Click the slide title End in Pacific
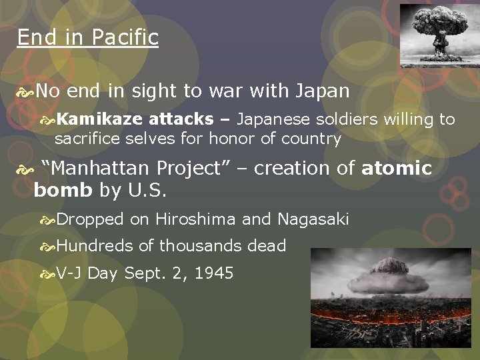point(87,37)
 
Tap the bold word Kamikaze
point(99,120)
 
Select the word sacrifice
point(85,139)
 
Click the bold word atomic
point(397,169)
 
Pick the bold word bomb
point(63,191)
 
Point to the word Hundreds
point(95,246)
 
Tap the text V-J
point(69,273)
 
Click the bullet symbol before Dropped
point(48,220)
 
